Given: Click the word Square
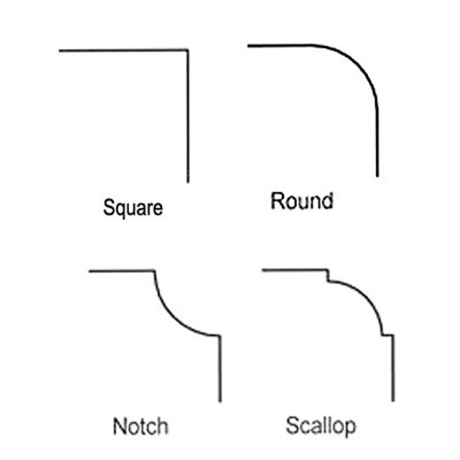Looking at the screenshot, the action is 133,208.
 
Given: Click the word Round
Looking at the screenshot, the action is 302,201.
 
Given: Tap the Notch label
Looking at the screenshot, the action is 140,426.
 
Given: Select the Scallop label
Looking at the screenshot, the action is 321,426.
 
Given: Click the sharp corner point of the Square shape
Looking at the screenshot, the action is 188,50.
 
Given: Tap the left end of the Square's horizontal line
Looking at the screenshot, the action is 59,51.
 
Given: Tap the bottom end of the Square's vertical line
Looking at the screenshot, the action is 188,182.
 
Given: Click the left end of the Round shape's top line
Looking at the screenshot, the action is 249,46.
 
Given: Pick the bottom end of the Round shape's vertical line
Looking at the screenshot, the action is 378,176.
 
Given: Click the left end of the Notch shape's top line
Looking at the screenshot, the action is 90,271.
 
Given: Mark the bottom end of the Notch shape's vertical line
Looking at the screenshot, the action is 220,401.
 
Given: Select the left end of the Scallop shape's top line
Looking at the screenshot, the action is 262,270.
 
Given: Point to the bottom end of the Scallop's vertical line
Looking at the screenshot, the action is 393,401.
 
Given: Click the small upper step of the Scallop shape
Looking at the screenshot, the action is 328,275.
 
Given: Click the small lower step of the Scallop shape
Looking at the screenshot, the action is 388,335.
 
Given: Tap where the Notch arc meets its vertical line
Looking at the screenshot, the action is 220,336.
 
